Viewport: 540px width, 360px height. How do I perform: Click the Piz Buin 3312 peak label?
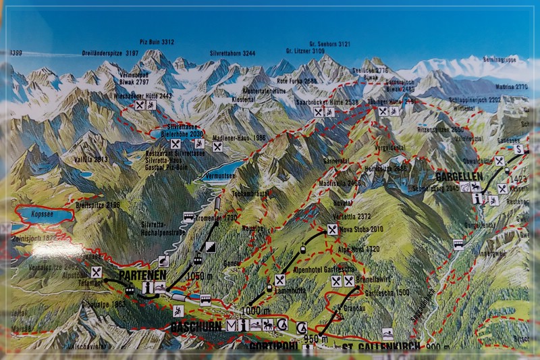(x=159, y=41)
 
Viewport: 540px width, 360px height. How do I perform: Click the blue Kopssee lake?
(x=45, y=215)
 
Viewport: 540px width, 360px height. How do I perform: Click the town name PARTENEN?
(x=142, y=276)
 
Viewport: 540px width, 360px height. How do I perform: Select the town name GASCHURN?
(x=196, y=326)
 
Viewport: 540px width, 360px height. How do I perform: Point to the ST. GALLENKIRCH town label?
(x=379, y=347)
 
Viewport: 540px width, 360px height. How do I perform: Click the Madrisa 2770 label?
(x=512, y=86)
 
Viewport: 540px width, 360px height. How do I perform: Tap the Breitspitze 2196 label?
(x=99, y=205)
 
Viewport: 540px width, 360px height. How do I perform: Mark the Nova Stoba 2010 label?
(x=363, y=230)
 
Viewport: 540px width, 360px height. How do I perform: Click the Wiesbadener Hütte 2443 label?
(x=144, y=96)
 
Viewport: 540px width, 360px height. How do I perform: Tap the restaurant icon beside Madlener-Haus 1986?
(x=217, y=147)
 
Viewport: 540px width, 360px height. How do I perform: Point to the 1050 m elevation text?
(x=200, y=276)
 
